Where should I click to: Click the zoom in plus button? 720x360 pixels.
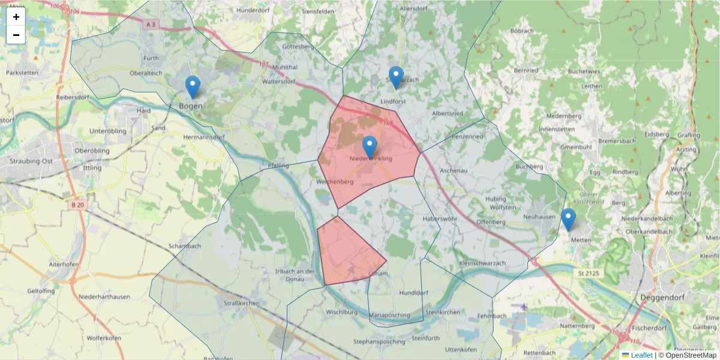16,17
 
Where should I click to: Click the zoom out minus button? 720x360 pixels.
16,35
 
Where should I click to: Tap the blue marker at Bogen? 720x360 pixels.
192,88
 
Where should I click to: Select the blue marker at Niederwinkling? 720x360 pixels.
370,148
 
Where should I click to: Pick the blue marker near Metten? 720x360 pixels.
568,220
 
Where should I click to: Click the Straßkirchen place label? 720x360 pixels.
241,304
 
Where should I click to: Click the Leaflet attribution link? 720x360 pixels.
641,355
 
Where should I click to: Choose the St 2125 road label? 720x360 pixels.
590,274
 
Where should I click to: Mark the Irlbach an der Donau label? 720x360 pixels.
295,275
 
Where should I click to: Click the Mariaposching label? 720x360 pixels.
390,315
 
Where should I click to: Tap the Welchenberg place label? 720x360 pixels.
334,182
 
